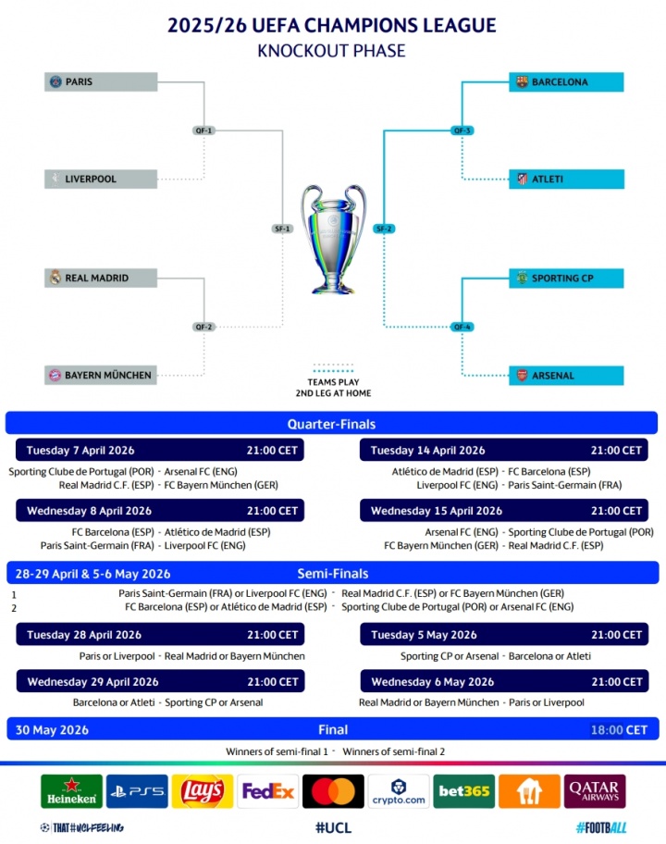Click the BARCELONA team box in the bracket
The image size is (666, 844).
point(566,81)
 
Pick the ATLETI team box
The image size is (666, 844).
point(566,179)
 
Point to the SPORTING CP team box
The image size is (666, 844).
point(566,278)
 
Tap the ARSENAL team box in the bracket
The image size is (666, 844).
point(566,375)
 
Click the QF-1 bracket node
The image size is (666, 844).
point(204,130)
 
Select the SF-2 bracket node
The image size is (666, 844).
point(385,229)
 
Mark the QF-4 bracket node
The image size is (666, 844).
point(462,327)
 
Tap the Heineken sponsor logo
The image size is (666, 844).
point(71,791)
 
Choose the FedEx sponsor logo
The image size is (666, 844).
point(268,791)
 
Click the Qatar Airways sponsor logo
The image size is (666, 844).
point(595,791)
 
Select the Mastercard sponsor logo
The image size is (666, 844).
point(333,791)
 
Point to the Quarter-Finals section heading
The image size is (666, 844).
point(331,424)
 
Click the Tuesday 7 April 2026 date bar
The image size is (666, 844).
point(160,451)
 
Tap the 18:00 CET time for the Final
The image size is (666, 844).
point(619,729)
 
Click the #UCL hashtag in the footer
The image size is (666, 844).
point(333,827)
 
